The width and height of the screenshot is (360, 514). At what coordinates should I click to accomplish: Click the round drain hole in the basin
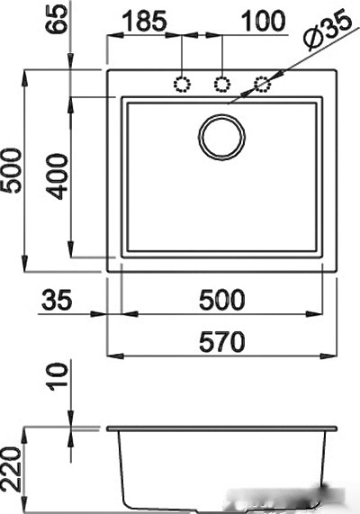[x=221, y=137]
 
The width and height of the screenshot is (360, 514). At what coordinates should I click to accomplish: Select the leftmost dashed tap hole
[x=184, y=85]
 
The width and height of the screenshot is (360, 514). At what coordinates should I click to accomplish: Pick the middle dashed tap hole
[x=222, y=85]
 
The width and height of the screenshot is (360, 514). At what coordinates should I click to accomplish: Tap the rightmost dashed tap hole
[x=262, y=85]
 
